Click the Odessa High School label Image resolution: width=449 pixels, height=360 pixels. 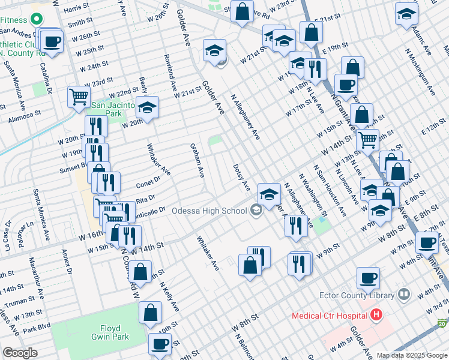(x=209, y=211)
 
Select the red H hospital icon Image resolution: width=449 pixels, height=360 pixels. (x=376, y=314)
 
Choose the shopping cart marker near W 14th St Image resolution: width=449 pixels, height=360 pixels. (x=367, y=140)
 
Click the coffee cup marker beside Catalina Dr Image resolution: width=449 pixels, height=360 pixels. (x=52, y=41)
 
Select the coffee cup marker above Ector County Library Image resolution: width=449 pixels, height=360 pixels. (x=368, y=278)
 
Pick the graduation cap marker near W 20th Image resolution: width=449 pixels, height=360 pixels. (x=147, y=108)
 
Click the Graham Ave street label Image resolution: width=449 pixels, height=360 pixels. (x=197, y=160)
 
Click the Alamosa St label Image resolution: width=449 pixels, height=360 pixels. (x=24, y=112)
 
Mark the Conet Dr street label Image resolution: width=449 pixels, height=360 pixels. (x=148, y=179)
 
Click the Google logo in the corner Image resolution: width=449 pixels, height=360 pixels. (x=20, y=353)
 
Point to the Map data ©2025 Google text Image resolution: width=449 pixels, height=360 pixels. (x=412, y=355)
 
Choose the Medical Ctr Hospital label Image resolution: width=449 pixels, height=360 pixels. (x=329, y=315)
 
